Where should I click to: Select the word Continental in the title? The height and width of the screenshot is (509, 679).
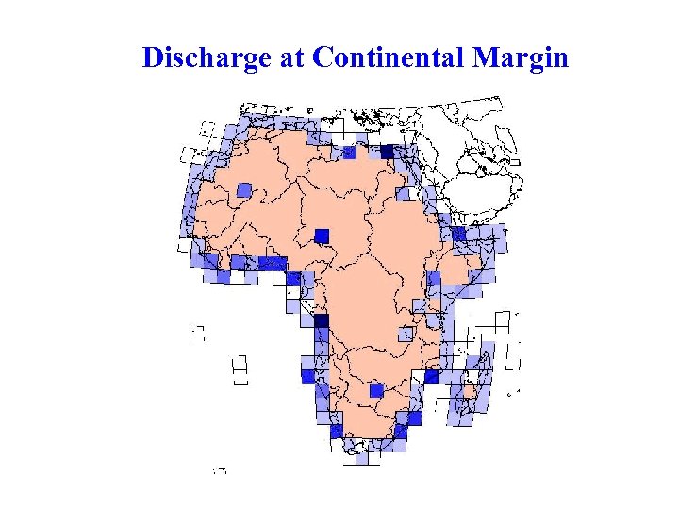389,58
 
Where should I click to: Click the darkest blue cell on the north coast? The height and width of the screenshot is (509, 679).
387,152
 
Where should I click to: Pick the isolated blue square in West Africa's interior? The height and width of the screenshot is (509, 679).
244,190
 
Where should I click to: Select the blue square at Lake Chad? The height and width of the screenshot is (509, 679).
322,235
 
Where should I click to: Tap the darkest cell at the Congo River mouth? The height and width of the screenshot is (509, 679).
321,320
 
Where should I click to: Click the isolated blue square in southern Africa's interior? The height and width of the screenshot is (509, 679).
376,389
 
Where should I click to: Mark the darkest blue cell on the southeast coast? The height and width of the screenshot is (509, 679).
431,376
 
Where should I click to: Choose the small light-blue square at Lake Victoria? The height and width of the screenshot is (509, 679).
406,334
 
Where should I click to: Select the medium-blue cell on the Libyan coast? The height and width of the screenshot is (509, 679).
349,153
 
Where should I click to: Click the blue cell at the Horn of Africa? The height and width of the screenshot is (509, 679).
459,234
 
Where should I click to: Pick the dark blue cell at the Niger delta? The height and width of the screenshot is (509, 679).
293,278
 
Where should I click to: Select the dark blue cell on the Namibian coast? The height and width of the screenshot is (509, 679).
307,375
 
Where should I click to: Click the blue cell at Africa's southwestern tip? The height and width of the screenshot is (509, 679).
337,431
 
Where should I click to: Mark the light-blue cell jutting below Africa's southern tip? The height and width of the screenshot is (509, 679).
362,457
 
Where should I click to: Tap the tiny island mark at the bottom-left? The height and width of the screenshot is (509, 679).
220,469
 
